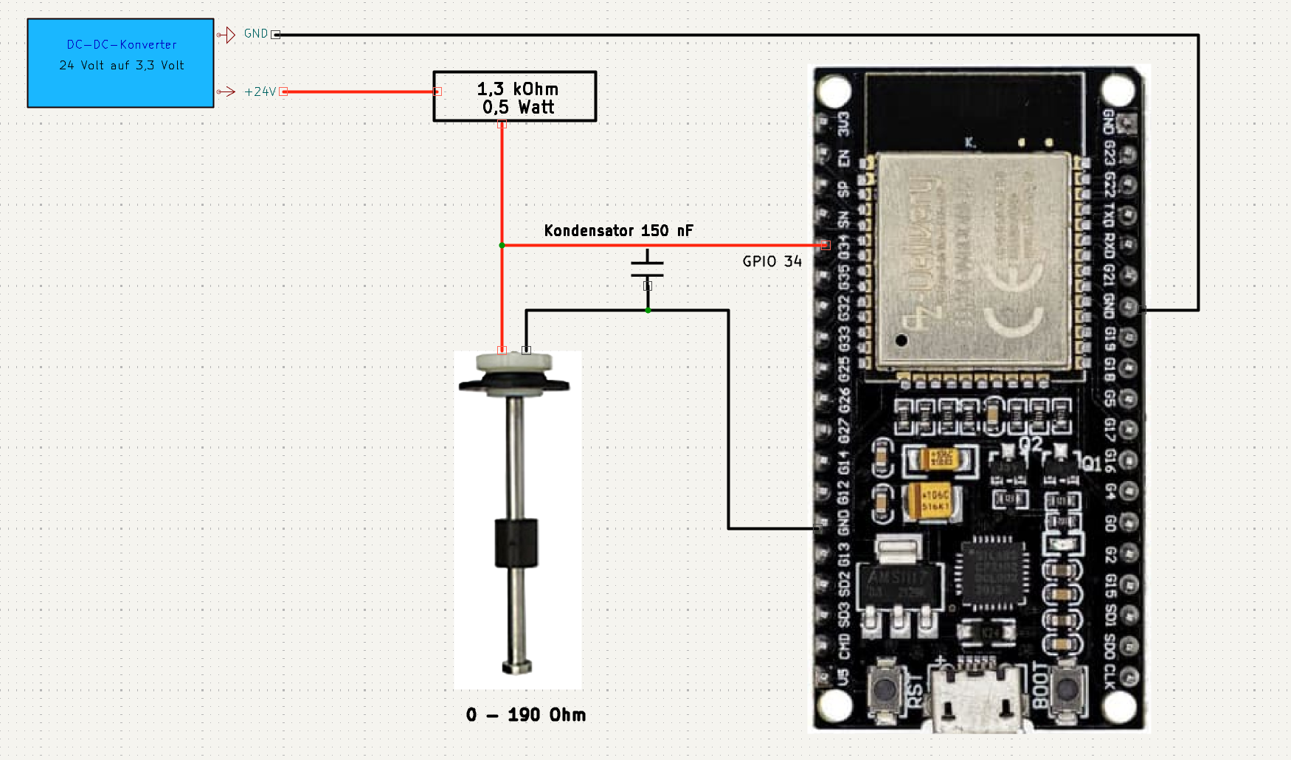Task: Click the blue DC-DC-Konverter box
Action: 120,63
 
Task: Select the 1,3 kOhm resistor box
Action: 514,97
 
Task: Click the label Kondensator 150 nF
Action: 618,230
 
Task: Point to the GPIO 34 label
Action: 772,261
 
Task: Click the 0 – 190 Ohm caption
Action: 525,714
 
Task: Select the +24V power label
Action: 260,91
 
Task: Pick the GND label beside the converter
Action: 255,34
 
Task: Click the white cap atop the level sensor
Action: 513,362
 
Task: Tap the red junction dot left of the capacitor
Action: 502,245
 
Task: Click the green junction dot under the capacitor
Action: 648,311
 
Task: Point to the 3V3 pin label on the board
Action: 843,123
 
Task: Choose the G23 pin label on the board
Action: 1109,153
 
